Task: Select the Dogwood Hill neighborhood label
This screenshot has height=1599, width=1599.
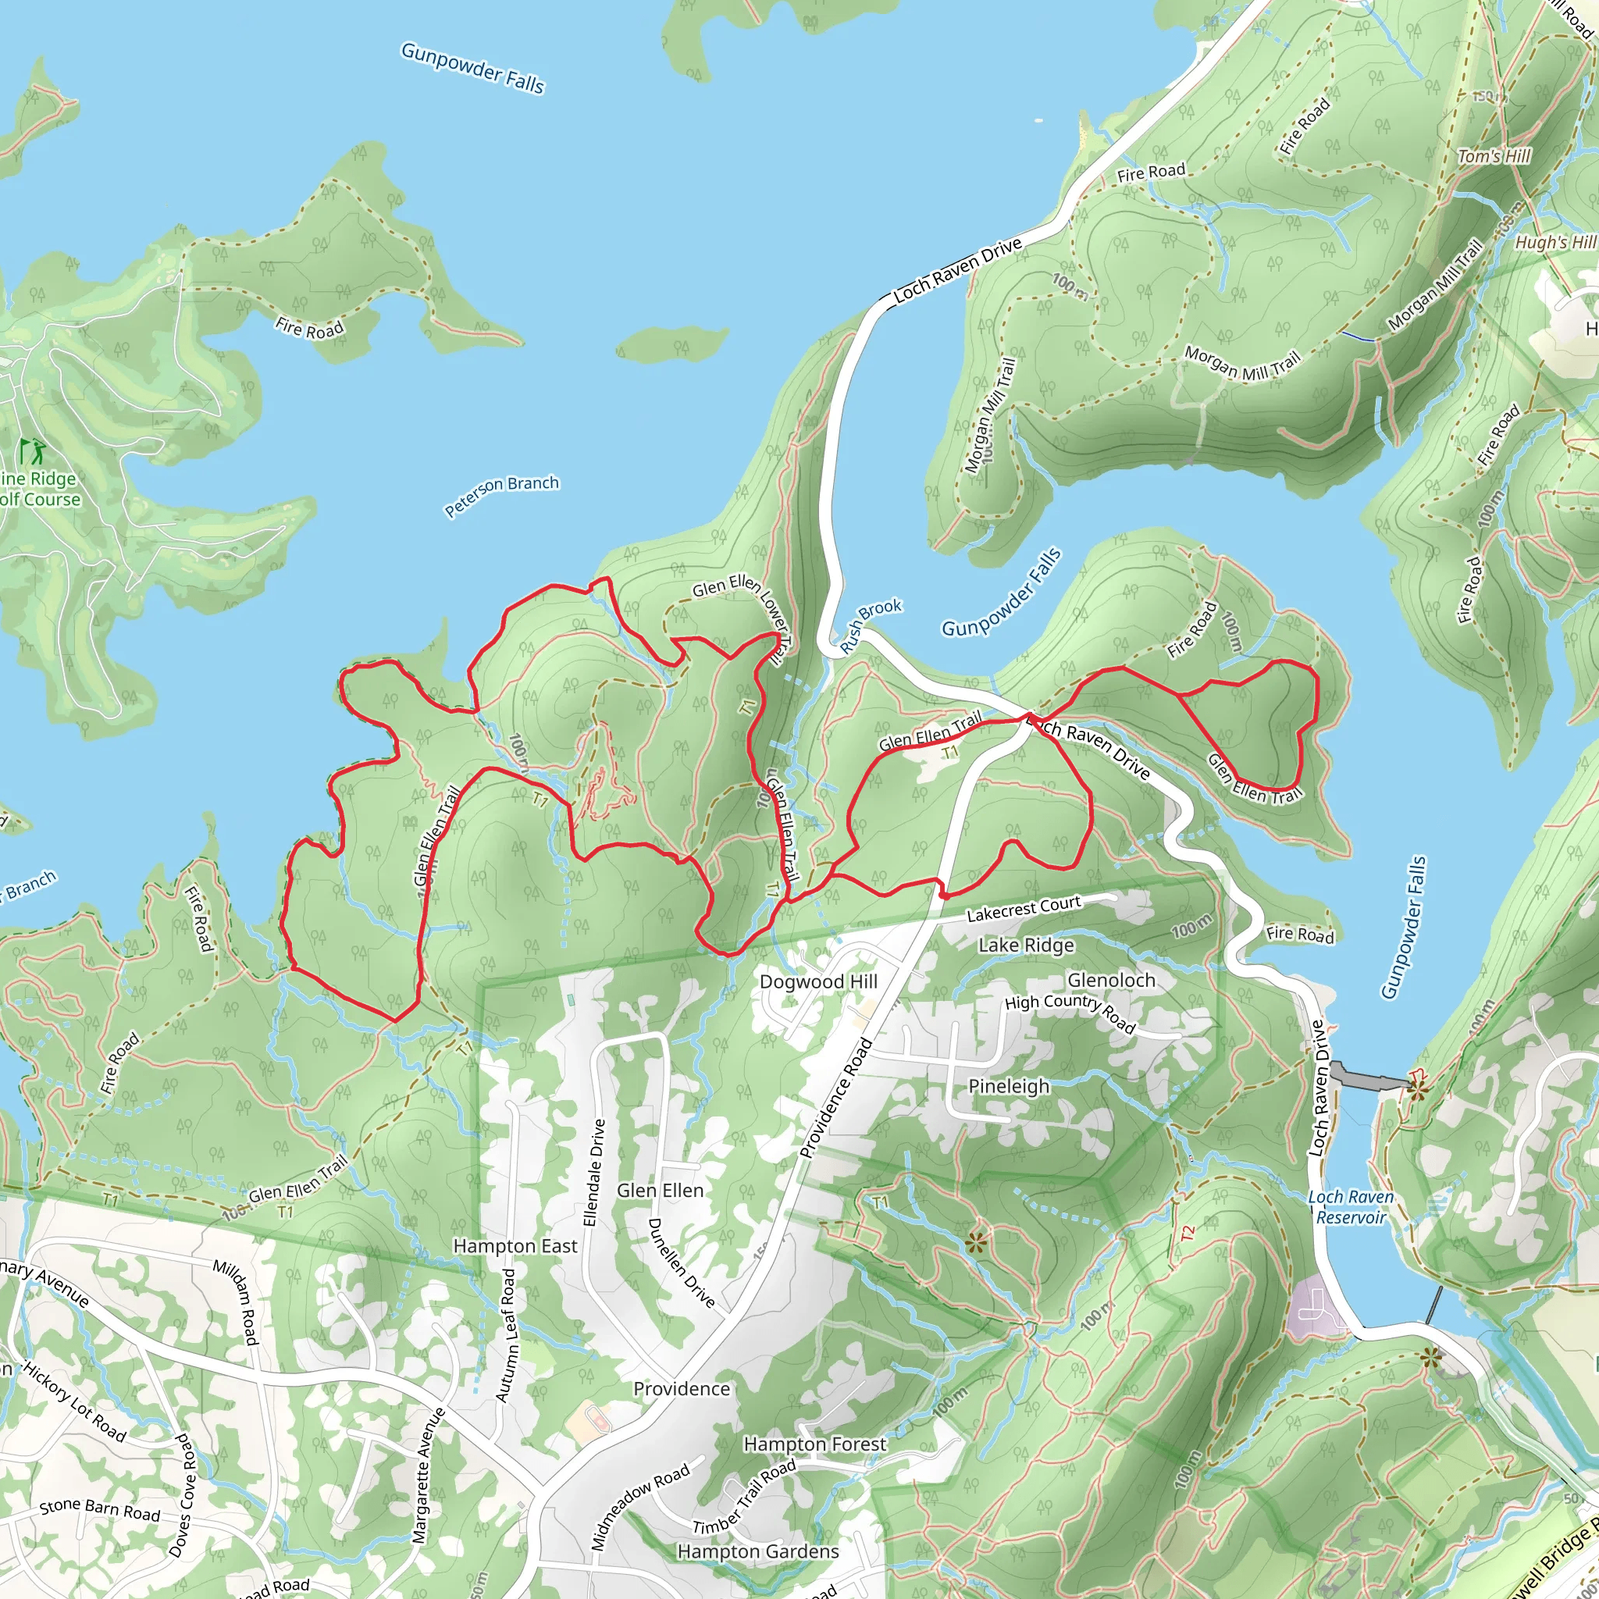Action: (817, 981)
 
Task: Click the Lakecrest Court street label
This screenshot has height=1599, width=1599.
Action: (1023, 909)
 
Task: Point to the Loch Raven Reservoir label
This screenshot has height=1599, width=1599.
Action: (1350, 1207)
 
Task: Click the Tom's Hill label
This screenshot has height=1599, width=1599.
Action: (1494, 156)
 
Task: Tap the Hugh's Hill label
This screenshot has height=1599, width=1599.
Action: (1554, 242)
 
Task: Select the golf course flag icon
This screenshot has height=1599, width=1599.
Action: (33, 452)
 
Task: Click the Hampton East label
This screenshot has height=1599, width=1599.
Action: (515, 1245)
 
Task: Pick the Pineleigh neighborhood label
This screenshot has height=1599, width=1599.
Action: (1008, 1086)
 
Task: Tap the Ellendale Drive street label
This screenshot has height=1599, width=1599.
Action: (594, 1173)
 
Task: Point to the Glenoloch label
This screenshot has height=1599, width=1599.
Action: (1111, 980)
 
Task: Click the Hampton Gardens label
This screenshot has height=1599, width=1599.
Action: (757, 1551)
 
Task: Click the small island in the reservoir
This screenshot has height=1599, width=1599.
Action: (672, 344)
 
